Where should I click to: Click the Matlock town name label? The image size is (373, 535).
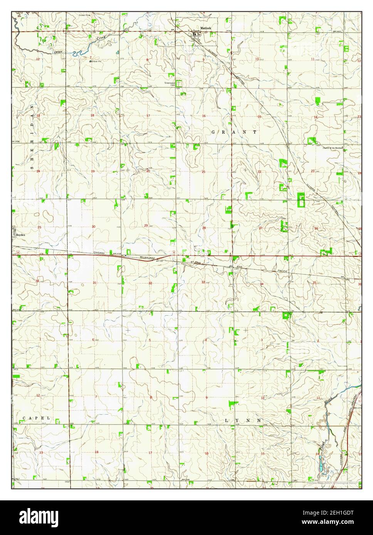[206, 28]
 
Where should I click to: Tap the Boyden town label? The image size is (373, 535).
[20, 234]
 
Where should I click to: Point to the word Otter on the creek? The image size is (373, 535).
[58, 51]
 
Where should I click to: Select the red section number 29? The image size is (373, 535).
[146, 226]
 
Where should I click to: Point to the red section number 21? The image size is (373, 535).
[203, 172]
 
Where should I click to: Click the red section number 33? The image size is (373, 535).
[203, 282]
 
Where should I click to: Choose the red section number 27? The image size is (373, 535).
[260, 228]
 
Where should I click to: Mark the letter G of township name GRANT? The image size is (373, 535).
[213, 132]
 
